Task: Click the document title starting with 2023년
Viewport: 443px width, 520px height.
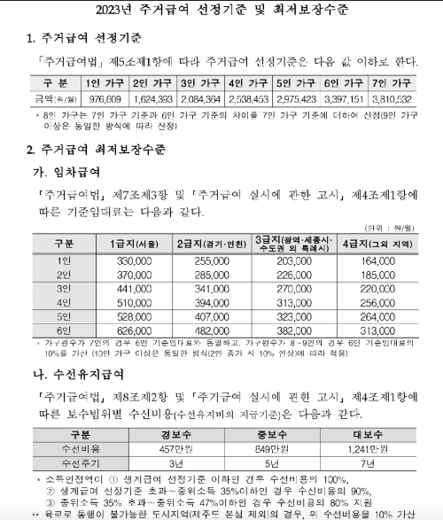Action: [x=221, y=12]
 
